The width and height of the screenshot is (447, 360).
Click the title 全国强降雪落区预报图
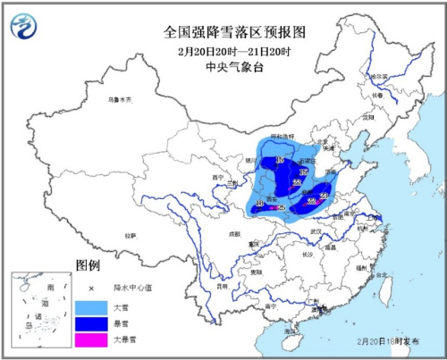pyautogui.click(x=235, y=31)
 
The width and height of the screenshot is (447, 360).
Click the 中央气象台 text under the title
pyautogui.click(x=235, y=65)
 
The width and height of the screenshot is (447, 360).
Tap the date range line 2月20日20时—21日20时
pyautogui.click(x=235, y=48)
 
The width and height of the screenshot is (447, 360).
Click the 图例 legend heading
pyautogui.click(x=88, y=266)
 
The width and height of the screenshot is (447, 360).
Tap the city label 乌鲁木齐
pyautogui.click(x=120, y=98)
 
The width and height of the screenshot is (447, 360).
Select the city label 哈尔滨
pyautogui.click(x=405, y=79)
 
